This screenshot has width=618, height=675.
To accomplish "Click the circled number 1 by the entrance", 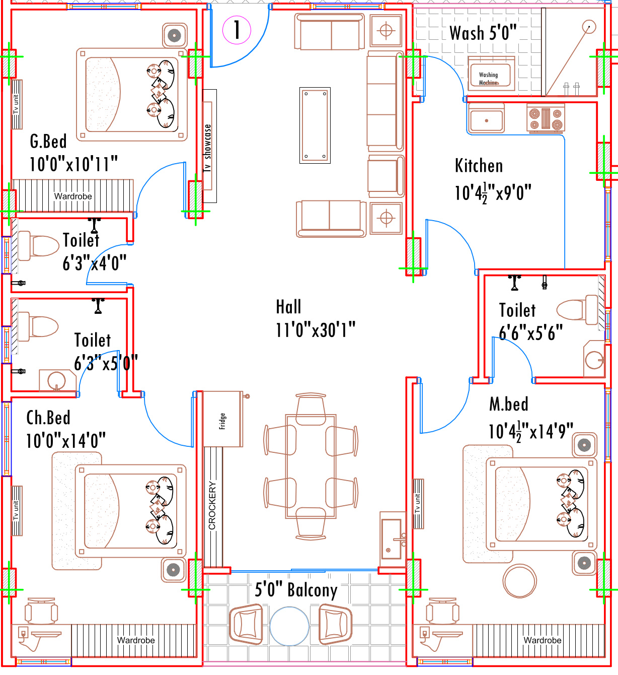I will coord(237,29).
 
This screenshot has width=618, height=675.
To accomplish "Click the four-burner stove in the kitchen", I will coord(546,119).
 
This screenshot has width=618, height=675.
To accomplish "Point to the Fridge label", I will coord(222,421).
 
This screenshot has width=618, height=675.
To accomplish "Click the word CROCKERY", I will coord(212,505).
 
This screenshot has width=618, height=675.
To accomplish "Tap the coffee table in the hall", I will coord(315,125).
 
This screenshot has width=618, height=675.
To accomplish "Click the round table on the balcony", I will coord(289,626).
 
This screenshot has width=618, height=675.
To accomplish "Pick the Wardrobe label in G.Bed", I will coord(73,196).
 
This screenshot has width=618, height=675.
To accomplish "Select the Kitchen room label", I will coord(479,166).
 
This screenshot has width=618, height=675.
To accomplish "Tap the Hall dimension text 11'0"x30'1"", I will coord(316,330).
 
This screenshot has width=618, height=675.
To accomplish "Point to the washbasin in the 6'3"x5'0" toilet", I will coord(56,381).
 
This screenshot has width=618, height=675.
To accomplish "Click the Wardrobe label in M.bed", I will coord(542,640).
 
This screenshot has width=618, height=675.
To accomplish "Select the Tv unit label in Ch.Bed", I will coord(17,510).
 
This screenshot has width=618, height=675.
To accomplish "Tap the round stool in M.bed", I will coord(520,581).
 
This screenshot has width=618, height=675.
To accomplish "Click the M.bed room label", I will coord(509,404).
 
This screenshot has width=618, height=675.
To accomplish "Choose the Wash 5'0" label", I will coord(483,33).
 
